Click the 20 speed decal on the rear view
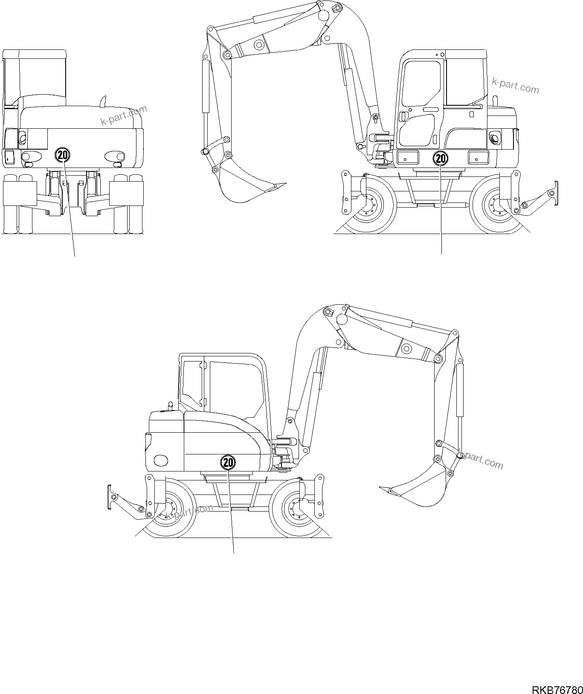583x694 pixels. [x=62, y=155]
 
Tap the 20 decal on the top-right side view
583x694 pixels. [x=441, y=159]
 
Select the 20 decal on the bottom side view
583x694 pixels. [x=228, y=462]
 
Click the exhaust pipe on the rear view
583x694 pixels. [x=102, y=101]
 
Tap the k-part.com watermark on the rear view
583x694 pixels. [x=124, y=115]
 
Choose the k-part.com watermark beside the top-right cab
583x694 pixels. [x=515, y=85]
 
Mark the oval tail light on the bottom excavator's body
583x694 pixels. [x=161, y=460]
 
